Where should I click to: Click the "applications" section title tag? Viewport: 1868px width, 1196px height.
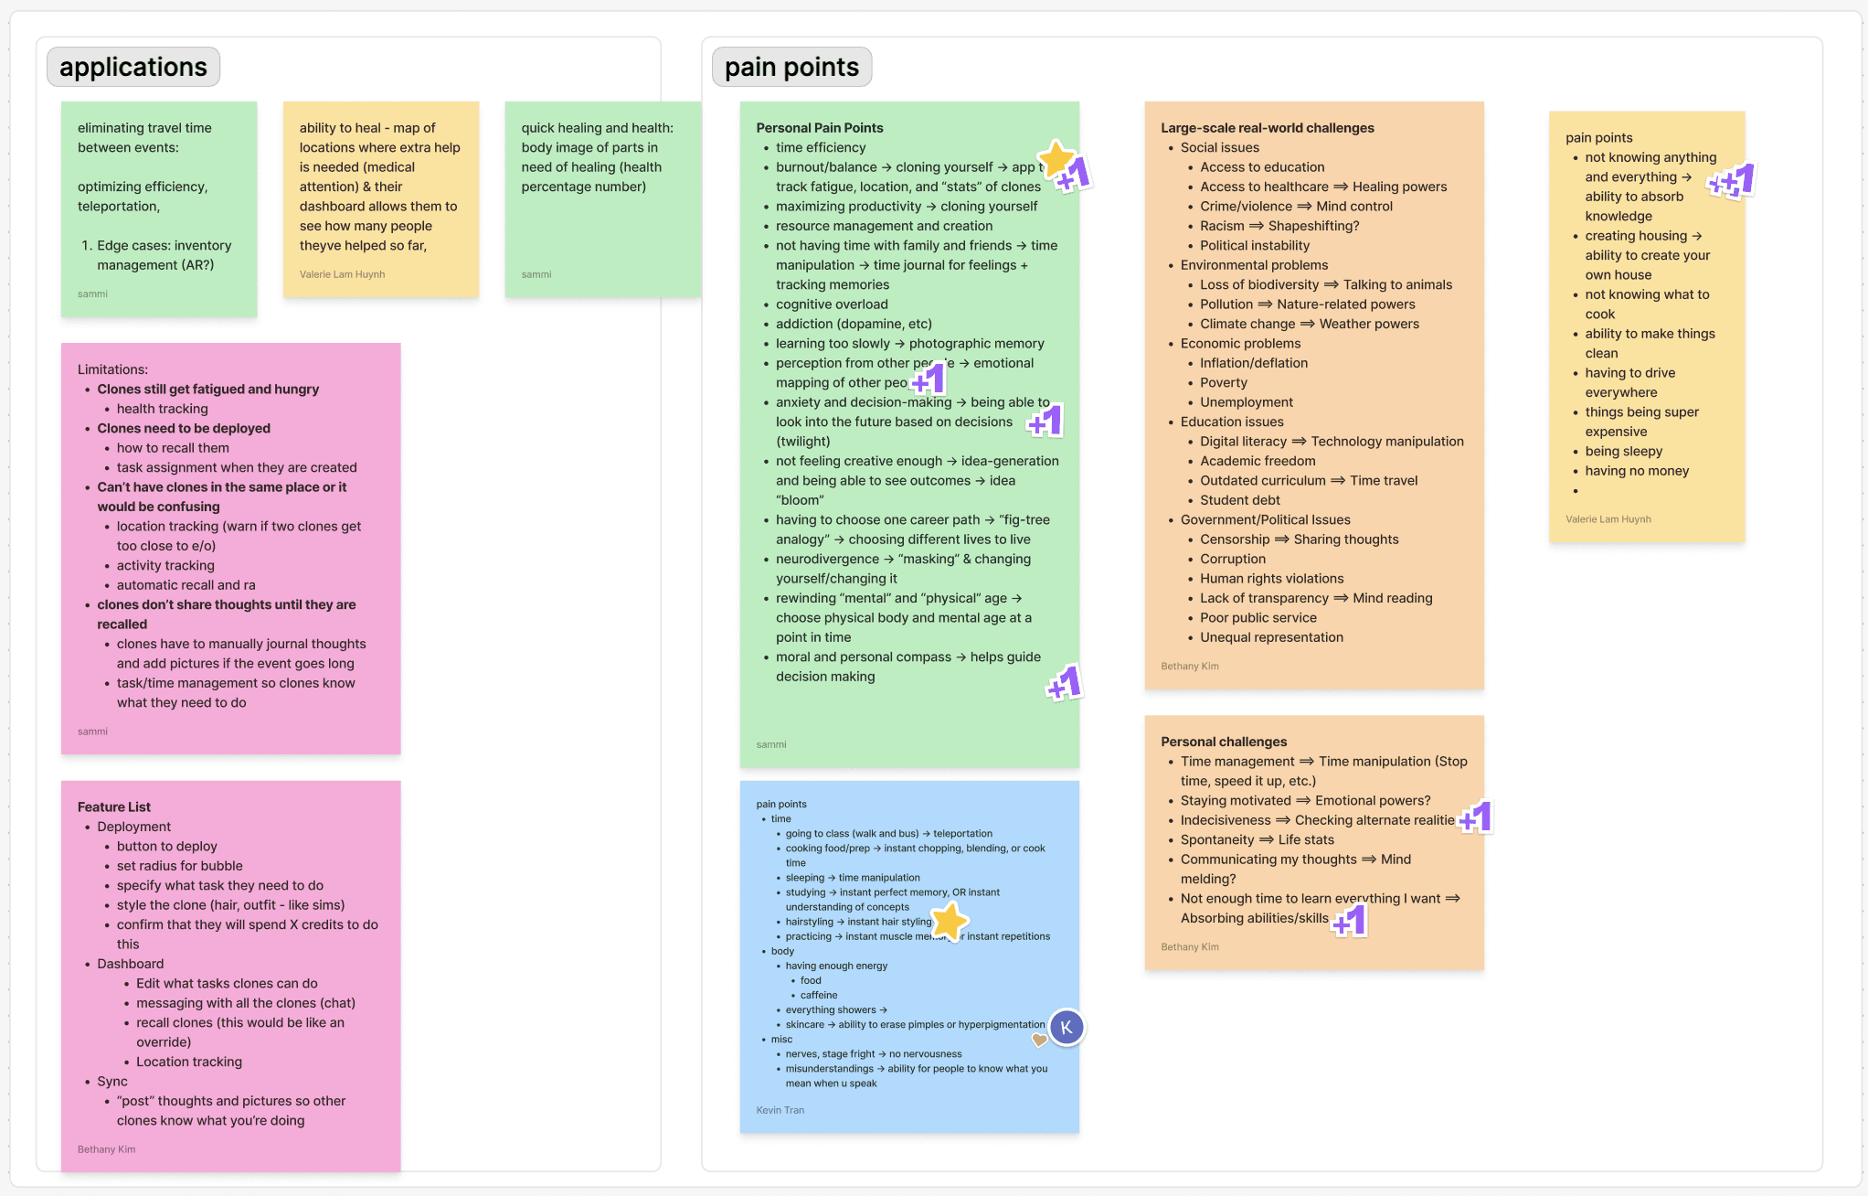[x=133, y=68]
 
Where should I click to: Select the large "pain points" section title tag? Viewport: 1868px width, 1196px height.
[x=791, y=68]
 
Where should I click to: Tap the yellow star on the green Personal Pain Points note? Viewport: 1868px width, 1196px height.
[x=1056, y=157]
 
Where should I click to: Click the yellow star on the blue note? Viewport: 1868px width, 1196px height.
[x=950, y=921]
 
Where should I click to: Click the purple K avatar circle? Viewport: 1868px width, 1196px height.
[x=1067, y=1028]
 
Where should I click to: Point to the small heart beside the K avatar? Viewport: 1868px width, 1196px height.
[x=1039, y=1040]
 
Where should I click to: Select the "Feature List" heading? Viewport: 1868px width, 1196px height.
[x=114, y=806]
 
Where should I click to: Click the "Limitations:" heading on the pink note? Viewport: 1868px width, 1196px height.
[x=112, y=369]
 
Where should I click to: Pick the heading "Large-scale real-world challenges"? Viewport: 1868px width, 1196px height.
[x=1267, y=128]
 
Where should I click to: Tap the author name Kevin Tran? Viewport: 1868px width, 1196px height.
[x=780, y=1110]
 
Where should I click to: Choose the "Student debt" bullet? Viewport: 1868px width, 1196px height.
[x=1239, y=500]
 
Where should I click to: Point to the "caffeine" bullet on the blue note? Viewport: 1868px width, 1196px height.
[x=819, y=995]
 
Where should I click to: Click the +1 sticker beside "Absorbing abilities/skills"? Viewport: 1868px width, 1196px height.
[x=1350, y=921]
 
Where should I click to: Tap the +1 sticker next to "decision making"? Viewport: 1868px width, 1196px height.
[x=1065, y=683]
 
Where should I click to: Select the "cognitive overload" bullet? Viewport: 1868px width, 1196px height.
[x=832, y=304]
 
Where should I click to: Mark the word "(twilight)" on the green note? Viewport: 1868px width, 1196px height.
[x=803, y=442]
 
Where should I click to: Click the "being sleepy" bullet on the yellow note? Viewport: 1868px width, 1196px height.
[x=1623, y=452]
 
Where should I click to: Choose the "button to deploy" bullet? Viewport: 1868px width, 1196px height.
[x=167, y=847]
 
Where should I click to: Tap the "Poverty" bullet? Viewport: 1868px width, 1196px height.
[x=1223, y=383]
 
